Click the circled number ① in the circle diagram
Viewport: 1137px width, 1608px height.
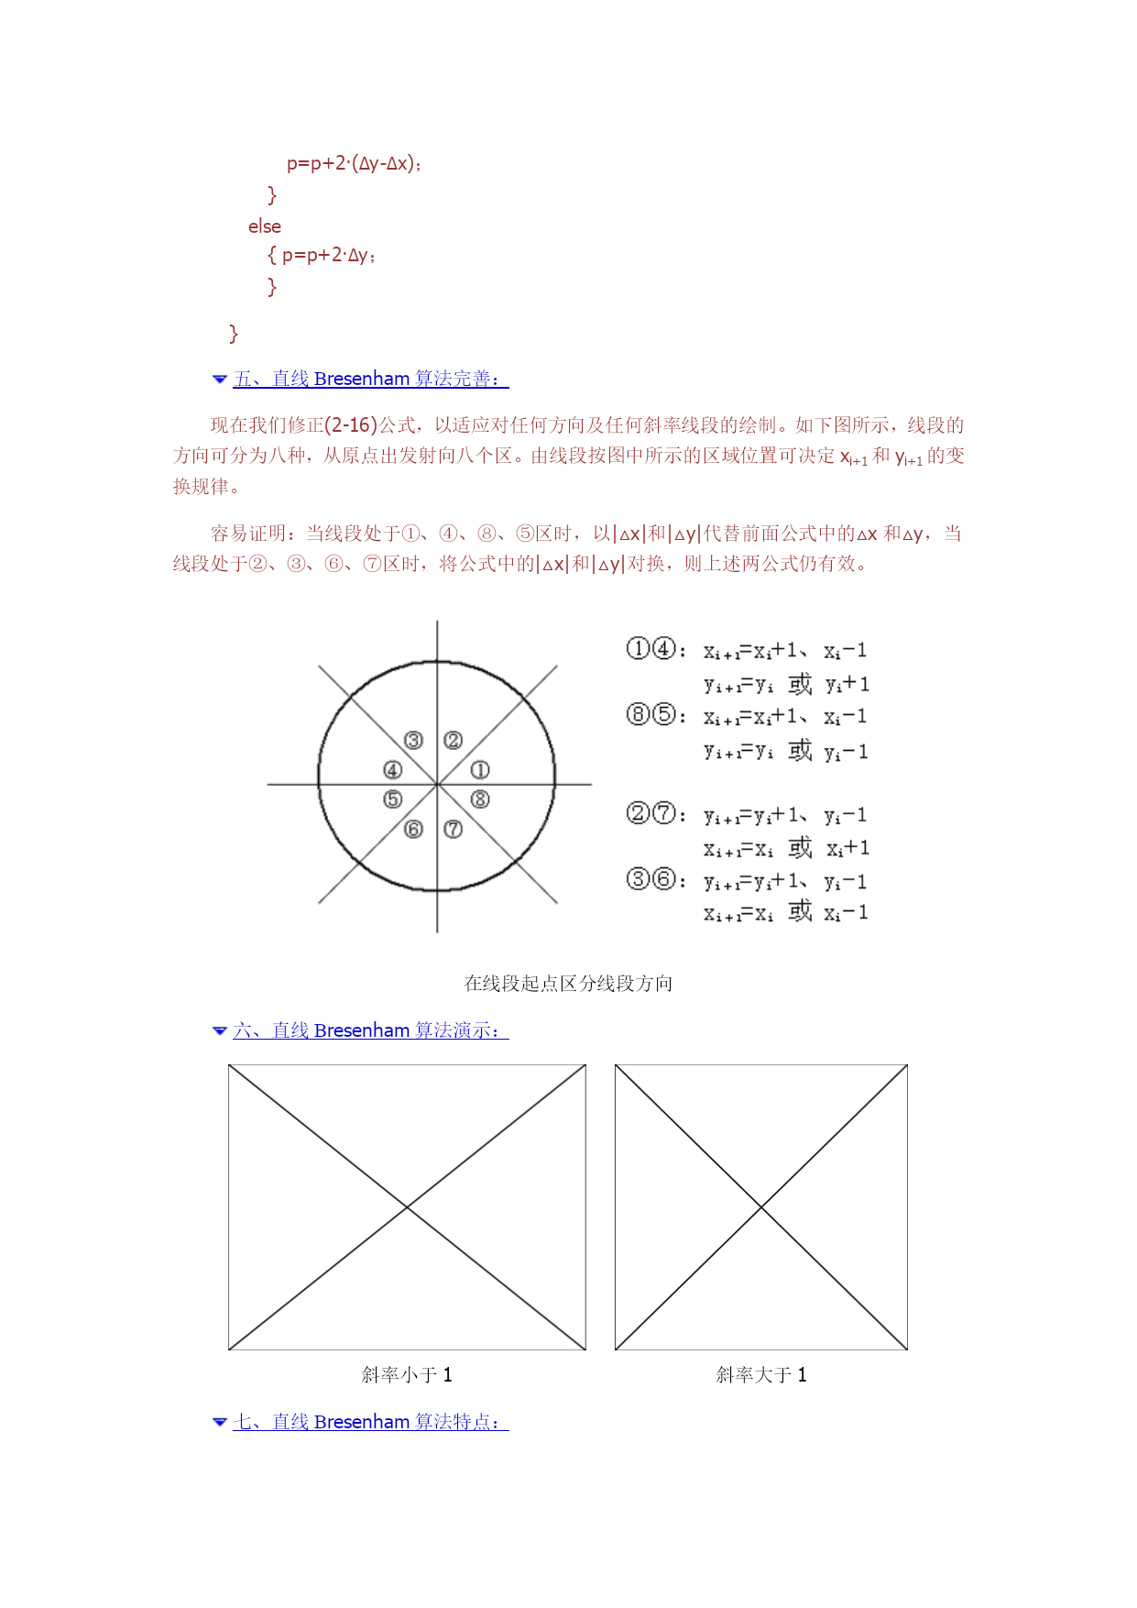click(x=480, y=770)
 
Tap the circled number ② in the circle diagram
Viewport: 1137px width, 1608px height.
click(x=453, y=741)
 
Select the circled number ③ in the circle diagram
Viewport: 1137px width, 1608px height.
click(x=414, y=741)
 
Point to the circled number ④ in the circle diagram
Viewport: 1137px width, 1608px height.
click(x=393, y=770)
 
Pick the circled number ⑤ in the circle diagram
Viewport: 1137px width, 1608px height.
click(x=393, y=799)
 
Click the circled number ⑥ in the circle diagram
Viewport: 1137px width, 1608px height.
click(x=414, y=830)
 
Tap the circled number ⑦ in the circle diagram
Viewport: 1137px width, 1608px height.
click(x=453, y=830)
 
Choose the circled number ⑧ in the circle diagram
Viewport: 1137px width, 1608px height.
click(x=480, y=799)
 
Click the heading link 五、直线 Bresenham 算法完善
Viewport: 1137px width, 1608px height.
click(x=370, y=379)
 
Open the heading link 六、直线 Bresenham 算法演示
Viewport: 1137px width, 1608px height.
click(x=370, y=1030)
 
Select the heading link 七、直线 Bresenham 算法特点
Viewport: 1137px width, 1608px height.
click(x=370, y=1422)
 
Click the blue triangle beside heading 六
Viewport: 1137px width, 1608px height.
click(x=220, y=1030)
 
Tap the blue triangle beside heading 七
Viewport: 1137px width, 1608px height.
click(x=220, y=1422)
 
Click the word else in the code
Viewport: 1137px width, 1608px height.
click(x=265, y=226)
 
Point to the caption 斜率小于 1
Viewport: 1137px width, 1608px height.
click(x=407, y=1374)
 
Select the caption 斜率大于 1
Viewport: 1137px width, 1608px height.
click(x=761, y=1374)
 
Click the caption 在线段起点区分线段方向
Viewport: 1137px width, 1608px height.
click(x=568, y=984)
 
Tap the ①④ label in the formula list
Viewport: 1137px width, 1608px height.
click(x=651, y=649)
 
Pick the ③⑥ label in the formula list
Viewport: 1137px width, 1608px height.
click(x=651, y=880)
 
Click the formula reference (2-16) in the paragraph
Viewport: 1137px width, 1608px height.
click(x=351, y=425)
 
